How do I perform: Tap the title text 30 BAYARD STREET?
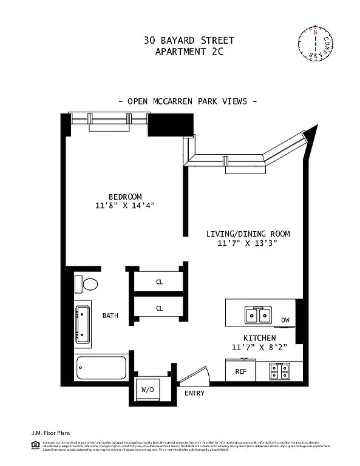[x=189, y=41]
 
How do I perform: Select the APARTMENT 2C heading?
[x=189, y=52]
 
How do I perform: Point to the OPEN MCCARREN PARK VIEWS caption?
[x=187, y=101]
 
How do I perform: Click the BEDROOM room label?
[x=125, y=197]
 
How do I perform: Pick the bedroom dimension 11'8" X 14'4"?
[x=125, y=206]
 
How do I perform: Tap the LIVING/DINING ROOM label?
[x=247, y=234]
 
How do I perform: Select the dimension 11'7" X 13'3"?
[x=247, y=243]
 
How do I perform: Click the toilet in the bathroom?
[x=87, y=284]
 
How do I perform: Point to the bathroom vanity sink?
[x=83, y=323]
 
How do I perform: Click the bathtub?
[x=101, y=368]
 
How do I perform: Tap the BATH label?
[x=110, y=316]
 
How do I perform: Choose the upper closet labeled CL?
[x=159, y=282]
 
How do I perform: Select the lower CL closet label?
[x=159, y=308]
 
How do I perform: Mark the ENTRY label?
[x=194, y=393]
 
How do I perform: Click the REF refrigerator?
[x=240, y=371]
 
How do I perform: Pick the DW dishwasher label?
[x=285, y=320]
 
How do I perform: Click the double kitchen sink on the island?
[x=258, y=314]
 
